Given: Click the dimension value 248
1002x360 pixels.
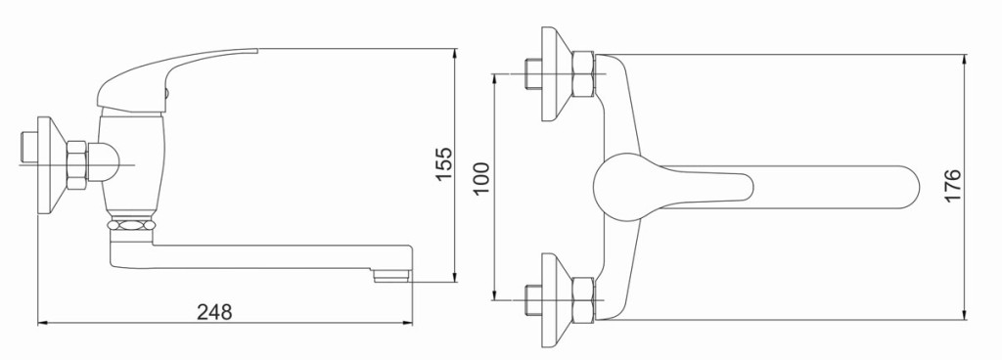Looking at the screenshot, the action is pos(214,312).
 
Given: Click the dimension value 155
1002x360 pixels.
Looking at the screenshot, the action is pos(443,164).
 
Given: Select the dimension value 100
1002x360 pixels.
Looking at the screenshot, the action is pos(482,178).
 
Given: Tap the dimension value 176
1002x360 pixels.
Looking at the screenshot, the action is pos(952,186).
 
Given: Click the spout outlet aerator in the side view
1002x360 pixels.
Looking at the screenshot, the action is pos(391,276).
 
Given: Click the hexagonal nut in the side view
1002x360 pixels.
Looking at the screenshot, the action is pos(76,165).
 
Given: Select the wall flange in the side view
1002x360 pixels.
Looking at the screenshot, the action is pos(51,165).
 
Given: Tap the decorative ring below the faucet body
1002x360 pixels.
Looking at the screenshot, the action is pos(131,225).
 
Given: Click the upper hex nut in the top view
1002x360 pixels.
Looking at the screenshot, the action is pos(583,73).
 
